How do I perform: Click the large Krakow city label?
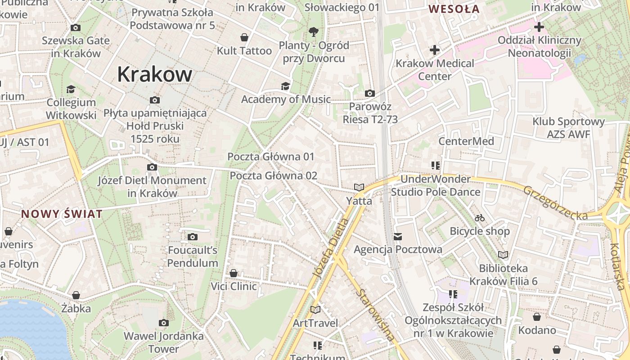click(x=154, y=74)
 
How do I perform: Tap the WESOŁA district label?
click(x=454, y=9)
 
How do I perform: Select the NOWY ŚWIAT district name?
click(x=62, y=214)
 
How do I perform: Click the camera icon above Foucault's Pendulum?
click(x=193, y=237)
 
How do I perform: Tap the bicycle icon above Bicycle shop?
click(x=480, y=218)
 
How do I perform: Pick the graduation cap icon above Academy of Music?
click(x=285, y=86)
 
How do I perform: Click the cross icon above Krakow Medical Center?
click(x=434, y=50)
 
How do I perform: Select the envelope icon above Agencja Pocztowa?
click(x=397, y=236)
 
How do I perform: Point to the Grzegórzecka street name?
click(x=555, y=203)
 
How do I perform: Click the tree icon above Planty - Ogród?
click(x=313, y=31)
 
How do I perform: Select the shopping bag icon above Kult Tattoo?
click(x=244, y=37)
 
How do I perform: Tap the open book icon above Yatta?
click(x=359, y=187)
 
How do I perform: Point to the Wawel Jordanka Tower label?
click(x=163, y=342)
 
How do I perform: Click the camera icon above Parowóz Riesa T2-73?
click(x=370, y=94)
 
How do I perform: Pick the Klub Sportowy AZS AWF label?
click(x=568, y=128)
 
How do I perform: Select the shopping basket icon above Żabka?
click(x=76, y=295)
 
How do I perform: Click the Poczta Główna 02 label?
click(x=274, y=175)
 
